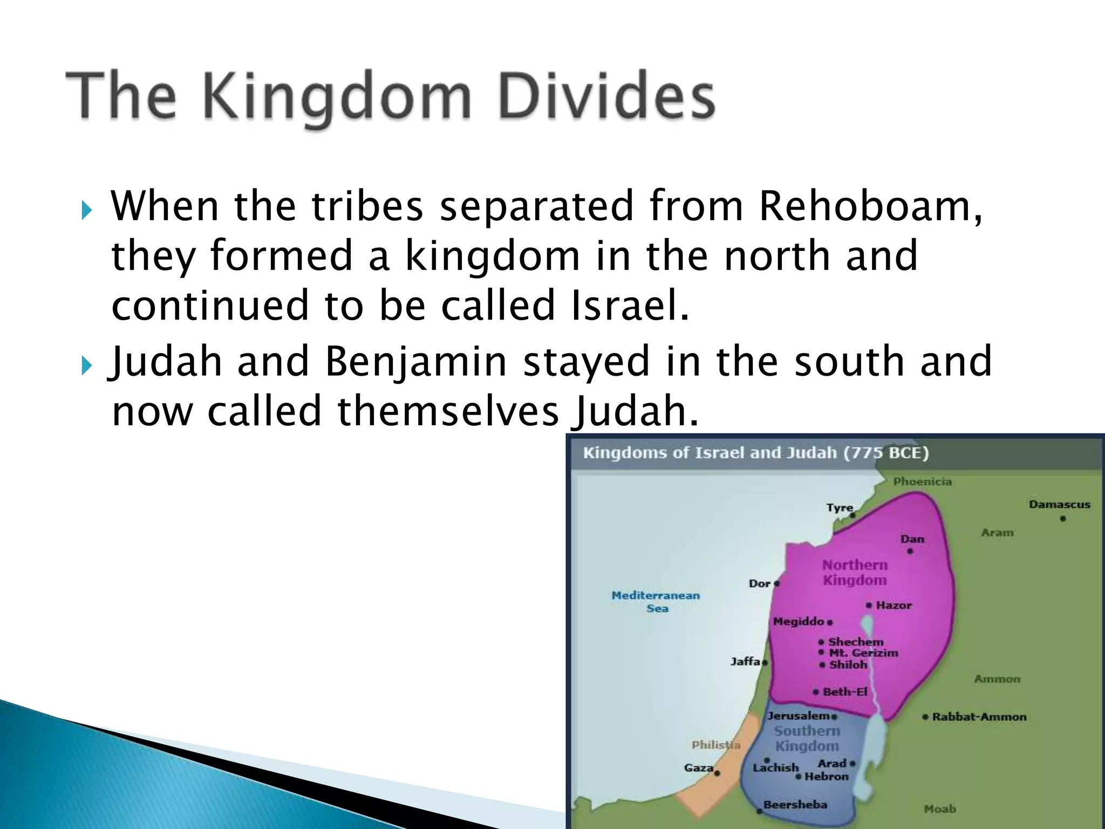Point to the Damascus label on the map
1059,505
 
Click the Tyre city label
840,507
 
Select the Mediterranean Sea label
656,601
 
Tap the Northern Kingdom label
855,572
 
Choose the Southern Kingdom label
807,738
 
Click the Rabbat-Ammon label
979,717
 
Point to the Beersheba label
795,804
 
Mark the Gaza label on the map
699,767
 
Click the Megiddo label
799,621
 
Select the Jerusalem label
799,716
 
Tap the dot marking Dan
910,551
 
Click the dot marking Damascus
1063,519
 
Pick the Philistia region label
715,745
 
